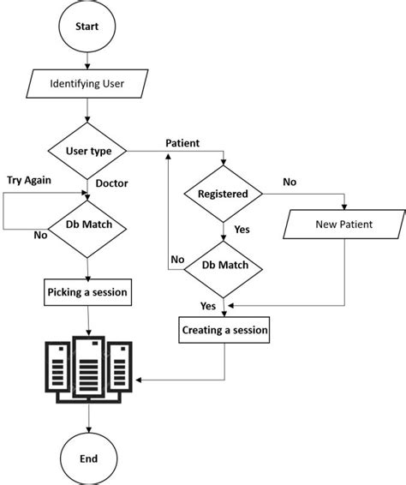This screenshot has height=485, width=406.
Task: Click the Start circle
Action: click(87, 27)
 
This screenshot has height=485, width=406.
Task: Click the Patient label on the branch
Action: click(183, 142)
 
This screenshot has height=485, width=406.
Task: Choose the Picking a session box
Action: click(87, 292)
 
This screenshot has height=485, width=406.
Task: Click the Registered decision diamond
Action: click(223, 194)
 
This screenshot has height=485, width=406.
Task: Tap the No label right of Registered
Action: click(290, 183)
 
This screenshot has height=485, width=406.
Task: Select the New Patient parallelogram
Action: click(343, 226)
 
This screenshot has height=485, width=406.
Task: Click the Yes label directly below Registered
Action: click(242, 230)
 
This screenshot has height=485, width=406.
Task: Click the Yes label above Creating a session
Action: click(208, 306)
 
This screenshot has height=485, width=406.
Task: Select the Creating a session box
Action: click(224, 329)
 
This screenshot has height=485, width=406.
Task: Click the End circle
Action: click(88, 458)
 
